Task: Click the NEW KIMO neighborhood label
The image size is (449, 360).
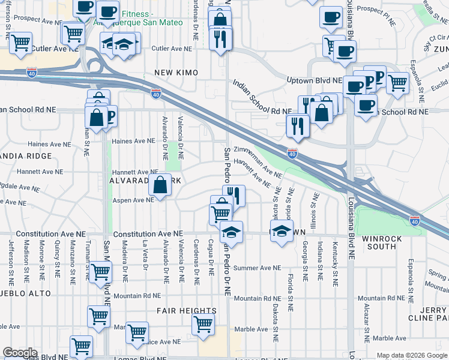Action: pos(176,73)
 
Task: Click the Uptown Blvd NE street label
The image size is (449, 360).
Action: pos(313,80)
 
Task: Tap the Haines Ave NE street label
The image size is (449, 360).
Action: pos(133,142)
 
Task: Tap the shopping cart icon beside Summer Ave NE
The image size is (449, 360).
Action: pos(100,272)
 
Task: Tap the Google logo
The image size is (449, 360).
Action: pos(20,353)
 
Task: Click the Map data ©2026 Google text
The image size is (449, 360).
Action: pos(411,355)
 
